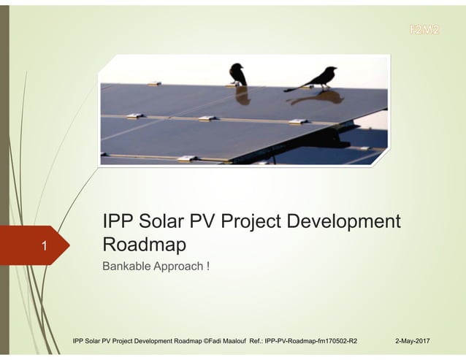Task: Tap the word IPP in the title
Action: click(118, 221)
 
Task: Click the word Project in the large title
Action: click(274, 221)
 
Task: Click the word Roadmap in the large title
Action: click(144, 243)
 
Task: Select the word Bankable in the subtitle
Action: click(126, 266)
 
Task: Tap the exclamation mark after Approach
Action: click(208, 266)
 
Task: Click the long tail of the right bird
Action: click(296, 88)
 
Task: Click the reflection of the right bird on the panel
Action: click(326, 97)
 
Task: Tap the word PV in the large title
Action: click(212, 221)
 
